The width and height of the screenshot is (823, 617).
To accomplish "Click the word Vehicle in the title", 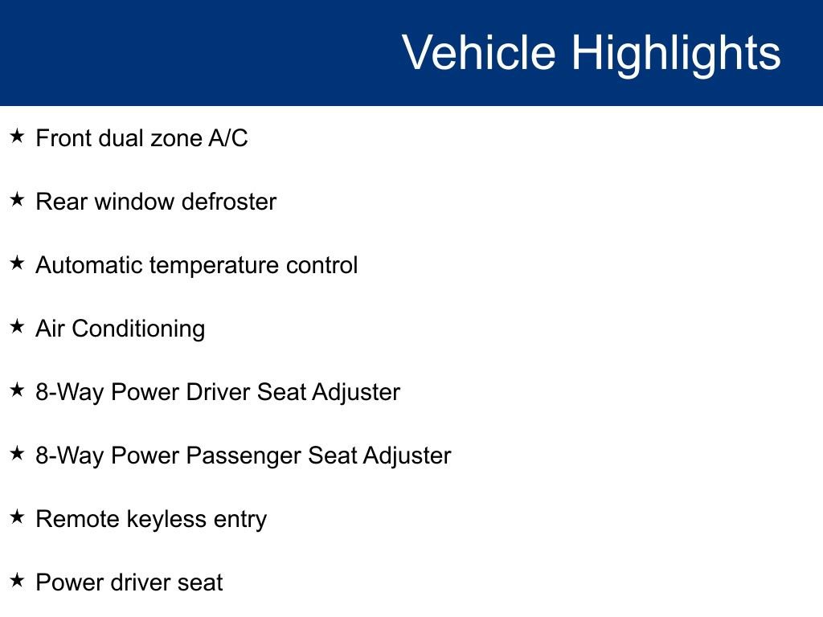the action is tap(479, 52).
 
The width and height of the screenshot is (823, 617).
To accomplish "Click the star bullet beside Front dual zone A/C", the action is tap(18, 137).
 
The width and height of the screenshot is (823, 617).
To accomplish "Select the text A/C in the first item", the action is tap(227, 138).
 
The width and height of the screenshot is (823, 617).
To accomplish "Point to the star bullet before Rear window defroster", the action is tap(18, 199).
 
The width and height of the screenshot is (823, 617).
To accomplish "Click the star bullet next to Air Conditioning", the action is tap(18, 326).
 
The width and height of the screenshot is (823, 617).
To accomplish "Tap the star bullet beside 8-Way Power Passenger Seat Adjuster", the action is tap(18, 453).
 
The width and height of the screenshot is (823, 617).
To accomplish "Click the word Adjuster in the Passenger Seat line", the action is tap(407, 457).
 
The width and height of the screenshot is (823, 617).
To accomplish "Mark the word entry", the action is tap(240, 521).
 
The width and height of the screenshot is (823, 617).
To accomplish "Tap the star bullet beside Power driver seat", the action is tap(18, 580).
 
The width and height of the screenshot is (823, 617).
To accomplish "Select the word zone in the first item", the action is tap(176, 140).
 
